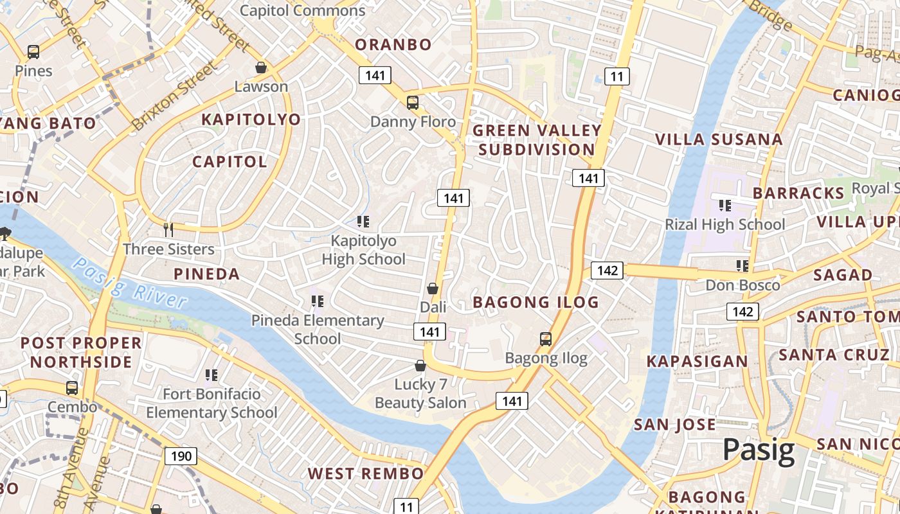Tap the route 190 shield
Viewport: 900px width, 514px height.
(x=181, y=456)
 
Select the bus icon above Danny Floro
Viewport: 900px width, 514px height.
(x=413, y=103)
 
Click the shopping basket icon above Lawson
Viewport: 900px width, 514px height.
(x=261, y=67)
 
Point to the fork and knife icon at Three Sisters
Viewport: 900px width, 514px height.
(x=168, y=229)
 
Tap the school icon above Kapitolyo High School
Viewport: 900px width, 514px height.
(x=363, y=222)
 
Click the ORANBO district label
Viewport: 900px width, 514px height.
(x=393, y=44)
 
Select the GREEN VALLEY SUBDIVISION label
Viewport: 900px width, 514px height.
(x=537, y=140)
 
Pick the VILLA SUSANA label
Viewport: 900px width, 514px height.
(x=719, y=139)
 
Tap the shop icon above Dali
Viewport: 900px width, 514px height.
(x=433, y=288)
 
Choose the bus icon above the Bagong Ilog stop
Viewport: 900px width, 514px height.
(x=546, y=339)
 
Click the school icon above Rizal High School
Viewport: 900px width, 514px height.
(x=725, y=206)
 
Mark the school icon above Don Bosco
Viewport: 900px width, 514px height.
(x=742, y=265)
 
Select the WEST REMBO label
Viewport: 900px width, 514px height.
(x=365, y=474)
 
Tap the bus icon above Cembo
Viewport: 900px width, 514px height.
(x=72, y=388)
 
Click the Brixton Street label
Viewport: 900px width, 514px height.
(x=174, y=96)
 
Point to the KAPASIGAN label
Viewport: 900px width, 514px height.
(x=697, y=361)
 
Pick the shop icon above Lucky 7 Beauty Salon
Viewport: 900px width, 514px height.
(x=420, y=366)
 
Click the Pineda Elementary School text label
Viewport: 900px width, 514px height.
(x=318, y=329)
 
